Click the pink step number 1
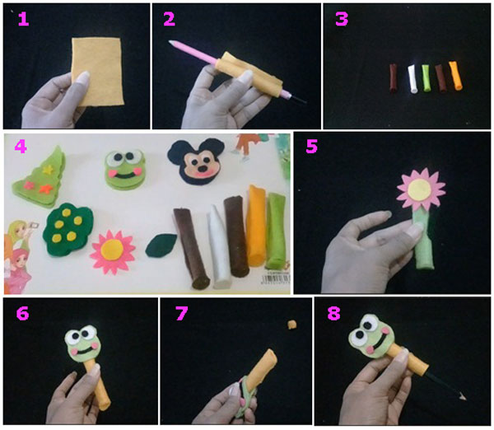pos(23,19)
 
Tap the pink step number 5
pos(311,147)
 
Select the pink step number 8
pos(333,313)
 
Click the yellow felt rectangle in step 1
pos(97,72)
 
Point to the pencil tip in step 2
pos(170,41)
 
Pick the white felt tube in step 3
pos(412,79)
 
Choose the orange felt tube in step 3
pos(455,76)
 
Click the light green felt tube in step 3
pos(426,78)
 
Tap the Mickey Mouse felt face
pos(195,161)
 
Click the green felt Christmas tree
pos(40,177)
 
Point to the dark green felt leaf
pos(161,245)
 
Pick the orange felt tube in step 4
pos(256,225)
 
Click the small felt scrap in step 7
pos(292,325)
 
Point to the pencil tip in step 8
pos(464,398)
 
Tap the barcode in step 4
pos(278,278)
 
